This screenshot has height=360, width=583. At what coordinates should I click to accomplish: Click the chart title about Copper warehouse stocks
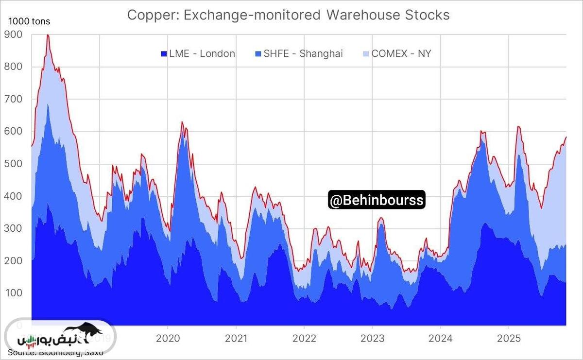point(288,15)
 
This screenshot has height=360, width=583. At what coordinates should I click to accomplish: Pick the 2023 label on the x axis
point(373,338)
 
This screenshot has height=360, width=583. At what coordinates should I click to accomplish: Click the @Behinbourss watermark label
point(377,200)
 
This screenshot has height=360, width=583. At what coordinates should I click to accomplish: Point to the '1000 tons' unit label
point(29,21)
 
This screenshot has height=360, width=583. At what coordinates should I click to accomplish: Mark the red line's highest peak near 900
point(48,35)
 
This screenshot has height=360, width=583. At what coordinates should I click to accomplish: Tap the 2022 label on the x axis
point(304,338)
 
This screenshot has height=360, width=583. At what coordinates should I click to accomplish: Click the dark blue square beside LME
point(164,53)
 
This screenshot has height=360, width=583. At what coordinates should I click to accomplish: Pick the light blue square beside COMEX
point(366,53)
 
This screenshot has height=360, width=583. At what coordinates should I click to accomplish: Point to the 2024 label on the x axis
point(441,338)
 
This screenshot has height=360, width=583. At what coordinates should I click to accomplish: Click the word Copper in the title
point(149,15)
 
